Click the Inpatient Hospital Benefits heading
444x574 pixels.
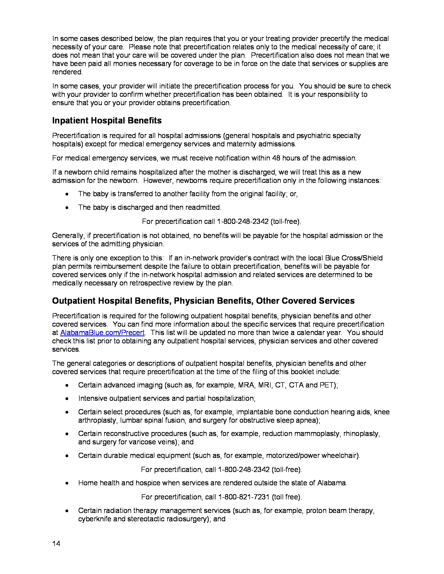tap(107, 121)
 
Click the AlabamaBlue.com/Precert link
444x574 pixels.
tap(102, 332)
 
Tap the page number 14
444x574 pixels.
tap(56, 543)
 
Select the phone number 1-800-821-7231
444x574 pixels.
tap(244, 497)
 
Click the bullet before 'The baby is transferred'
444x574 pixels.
tap(67, 194)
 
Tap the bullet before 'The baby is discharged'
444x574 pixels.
tap(67, 208)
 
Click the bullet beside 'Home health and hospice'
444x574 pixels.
tap(67, 483)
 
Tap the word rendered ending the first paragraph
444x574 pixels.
tap(67, 72)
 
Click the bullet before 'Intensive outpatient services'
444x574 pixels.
tap(67, 399)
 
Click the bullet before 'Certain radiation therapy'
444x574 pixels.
tap(67, 511)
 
